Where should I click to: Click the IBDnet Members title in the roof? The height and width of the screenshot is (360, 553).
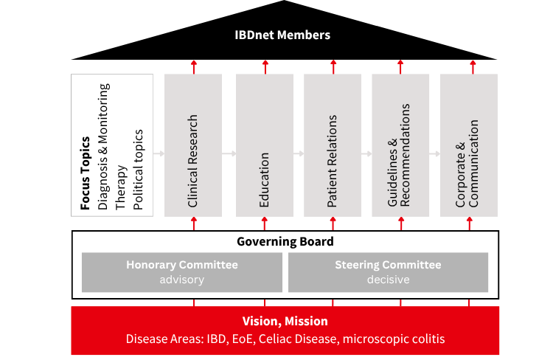pyautogui.click(x=282, y=35)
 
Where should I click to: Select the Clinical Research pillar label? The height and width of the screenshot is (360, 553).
pyautogui.click(x=193, y=160)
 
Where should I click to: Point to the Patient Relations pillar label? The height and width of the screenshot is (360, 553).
pyautogui.click(x=333, y=160)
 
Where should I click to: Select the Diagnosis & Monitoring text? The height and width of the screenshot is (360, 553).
pyautogui.click(x=103, y=147)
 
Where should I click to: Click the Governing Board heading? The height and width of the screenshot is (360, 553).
pyautogui.click(x=285, y=241)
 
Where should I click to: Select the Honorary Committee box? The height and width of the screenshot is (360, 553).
pyautogui.click(x=181, y=272)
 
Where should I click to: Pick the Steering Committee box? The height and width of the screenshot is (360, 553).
pyautogui.click(x=388, y=272)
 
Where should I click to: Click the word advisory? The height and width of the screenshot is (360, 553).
pyautogui.click(x=181, y=280)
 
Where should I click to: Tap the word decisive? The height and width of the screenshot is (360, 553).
pyautogui.click(x=388, y=280)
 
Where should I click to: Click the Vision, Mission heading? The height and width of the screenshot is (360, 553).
pyautogui.click(x=285, y=321)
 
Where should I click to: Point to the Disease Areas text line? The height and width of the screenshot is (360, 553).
pyautogui.click(x=285, y=339)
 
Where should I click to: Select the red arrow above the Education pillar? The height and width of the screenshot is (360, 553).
pyautogui.click(x=265, y=66)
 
